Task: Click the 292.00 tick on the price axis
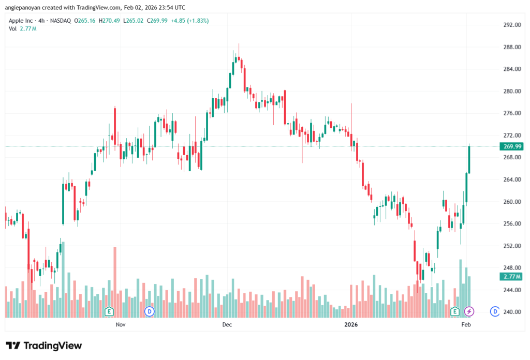click(511, 25)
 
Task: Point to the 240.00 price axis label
click(511, 312)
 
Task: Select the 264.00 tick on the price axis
click(511, 179)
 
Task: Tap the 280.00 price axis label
click(511, 91)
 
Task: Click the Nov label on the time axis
click(121, 325)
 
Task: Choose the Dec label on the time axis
click(227, 325)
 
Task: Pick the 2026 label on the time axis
click(351, 325)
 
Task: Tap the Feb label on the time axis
click(466, 325)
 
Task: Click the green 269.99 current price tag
click(511, 146)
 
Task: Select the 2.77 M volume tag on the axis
click(511, 277)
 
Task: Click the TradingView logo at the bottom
click(44, 346)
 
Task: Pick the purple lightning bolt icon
click(469, 311)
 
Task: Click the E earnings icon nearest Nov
click(109, 311)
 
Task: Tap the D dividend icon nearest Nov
click(150, 311)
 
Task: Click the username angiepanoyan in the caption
click(26, 8)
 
